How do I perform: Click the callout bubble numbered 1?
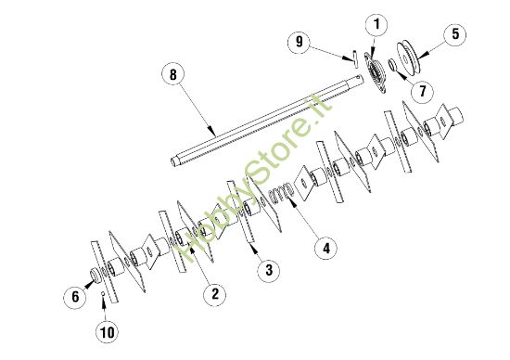coord(377,22)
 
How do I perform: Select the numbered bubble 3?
coord(267,269)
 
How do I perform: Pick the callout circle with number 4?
coord(324,248)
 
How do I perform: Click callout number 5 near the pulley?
coord(455,34)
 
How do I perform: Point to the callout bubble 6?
coord(76,297)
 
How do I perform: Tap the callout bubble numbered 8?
coord(170,73)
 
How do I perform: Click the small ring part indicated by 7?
coord(394,66)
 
